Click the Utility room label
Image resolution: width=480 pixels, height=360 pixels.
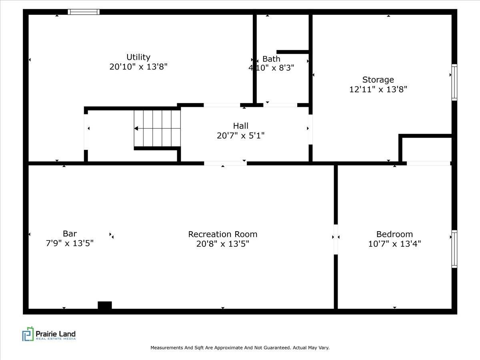138,57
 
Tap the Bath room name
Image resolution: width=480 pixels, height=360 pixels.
271,59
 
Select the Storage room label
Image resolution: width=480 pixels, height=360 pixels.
378,80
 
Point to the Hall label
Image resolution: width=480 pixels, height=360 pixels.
241,126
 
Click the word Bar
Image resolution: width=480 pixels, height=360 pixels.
70,234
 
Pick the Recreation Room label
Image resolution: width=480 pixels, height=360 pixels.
223,234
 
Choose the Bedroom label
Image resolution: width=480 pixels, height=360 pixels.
394,234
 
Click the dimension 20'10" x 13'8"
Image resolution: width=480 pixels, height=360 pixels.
138,67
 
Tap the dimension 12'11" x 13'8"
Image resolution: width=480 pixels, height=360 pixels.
378,89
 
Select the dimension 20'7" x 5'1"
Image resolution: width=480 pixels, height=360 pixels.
241,136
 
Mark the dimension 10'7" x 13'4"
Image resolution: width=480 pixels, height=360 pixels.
394,244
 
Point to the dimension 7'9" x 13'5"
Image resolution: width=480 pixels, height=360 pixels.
70,243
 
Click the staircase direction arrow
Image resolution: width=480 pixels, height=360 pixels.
136,128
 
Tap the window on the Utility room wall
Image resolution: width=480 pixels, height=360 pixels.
84,12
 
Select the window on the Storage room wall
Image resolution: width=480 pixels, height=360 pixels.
454,82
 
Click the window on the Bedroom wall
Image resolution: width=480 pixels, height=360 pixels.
454,249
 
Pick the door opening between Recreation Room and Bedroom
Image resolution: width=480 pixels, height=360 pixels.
336,239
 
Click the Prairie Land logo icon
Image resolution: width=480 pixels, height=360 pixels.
28,334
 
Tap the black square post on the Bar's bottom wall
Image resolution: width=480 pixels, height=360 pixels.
105,306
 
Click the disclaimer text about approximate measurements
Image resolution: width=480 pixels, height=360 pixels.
240,348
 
